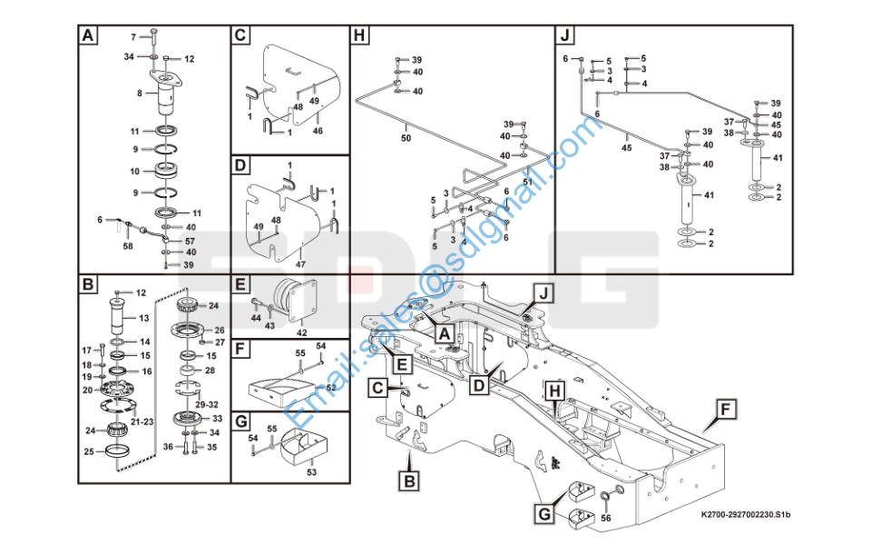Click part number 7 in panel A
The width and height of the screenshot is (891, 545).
[x=132, y=36]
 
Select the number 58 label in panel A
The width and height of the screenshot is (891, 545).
[x=128, y=246]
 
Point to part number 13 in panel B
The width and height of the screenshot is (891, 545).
[x=143, y=319]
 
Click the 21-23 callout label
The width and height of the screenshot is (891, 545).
[x=142, y=422]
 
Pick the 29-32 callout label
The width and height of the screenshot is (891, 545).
[x=206, y=402]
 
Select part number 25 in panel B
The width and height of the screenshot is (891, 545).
[x=89, y=451]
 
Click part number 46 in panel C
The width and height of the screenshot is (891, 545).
[x=318, y=132]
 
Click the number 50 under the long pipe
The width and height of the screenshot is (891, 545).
[x=406, y=137]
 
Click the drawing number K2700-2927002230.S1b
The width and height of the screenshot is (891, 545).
[x=747, y=517]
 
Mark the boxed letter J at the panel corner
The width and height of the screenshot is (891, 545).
[x=565, y=36]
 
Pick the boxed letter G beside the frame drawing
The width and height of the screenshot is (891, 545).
[x=543, y=514]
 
